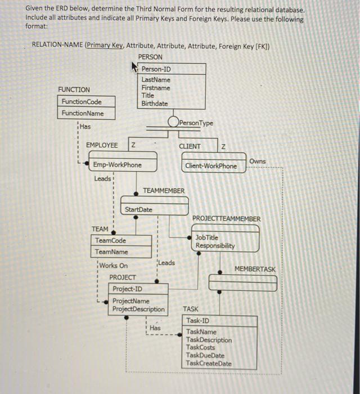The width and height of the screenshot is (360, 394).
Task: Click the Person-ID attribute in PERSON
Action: [x=156, y=69]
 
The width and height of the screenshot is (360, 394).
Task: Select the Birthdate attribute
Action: [x=155, y=104]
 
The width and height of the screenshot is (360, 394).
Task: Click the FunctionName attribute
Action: [x=83, y=113]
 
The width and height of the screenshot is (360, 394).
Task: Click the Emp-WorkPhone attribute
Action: [x=118, y=165]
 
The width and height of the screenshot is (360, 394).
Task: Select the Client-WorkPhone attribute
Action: [x=211, y=166]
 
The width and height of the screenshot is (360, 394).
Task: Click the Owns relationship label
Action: [x=258, y=161]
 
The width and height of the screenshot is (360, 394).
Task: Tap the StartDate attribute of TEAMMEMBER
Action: [x=138, y=210]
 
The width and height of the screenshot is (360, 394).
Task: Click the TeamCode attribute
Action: [x=110, y=240]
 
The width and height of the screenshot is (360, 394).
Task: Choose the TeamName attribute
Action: [x=111, y=252]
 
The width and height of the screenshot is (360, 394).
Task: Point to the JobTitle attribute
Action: [x=207, y=238]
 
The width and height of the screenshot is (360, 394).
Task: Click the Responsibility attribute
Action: [x=215, y=246]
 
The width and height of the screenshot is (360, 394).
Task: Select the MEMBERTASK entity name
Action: [x=255, y=269]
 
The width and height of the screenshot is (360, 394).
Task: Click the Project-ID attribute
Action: [x=127, y=289]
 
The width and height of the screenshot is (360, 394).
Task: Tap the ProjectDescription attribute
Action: [x=139, y=309]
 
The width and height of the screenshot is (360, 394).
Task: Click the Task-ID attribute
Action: [x=197, y=321]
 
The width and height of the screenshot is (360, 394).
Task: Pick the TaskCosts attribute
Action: [x=201, y=348]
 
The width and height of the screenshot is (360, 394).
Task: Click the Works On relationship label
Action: [x=114, y=266]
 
